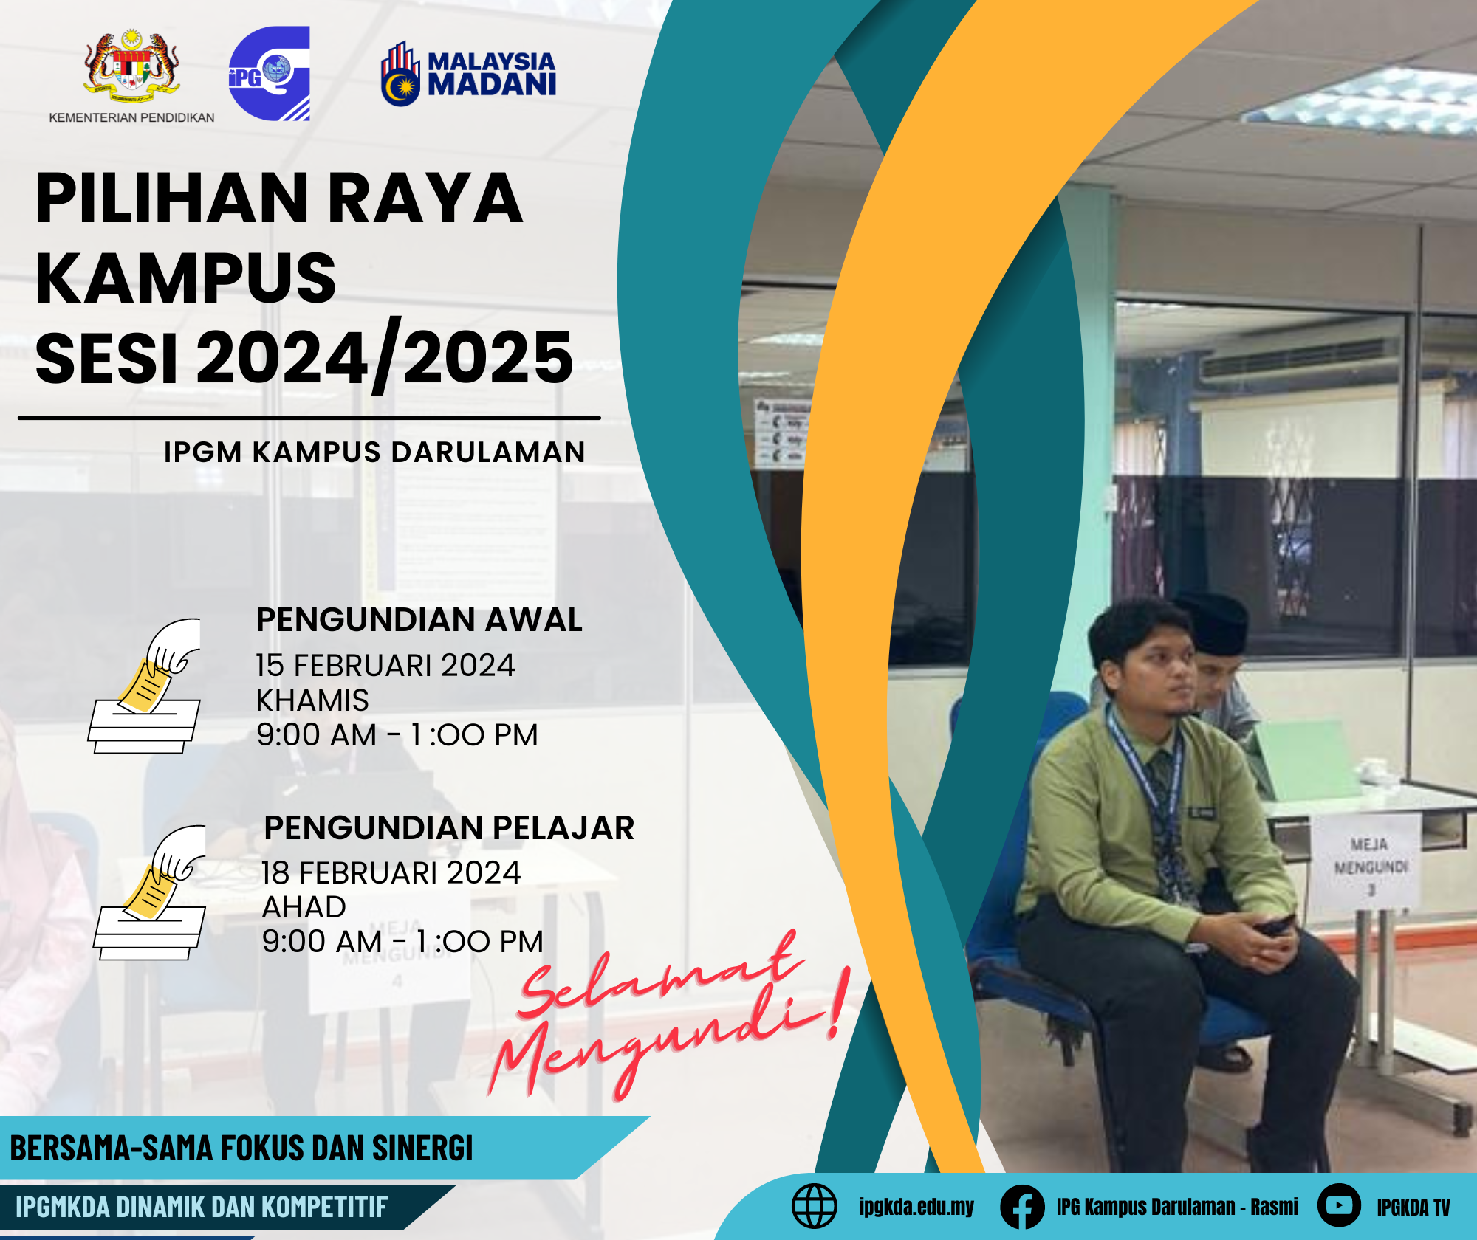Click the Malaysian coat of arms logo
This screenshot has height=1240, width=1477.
pos(131,67)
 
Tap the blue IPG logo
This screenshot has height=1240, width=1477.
pos(269,73)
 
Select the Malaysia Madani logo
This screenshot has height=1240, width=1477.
pos(468,74)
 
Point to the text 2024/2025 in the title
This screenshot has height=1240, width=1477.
pos(385,356)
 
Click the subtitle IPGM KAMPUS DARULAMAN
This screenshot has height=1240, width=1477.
pos(374,452)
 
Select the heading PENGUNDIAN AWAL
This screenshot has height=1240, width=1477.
pos(419,619)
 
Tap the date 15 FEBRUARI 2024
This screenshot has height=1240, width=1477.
pos(385,665)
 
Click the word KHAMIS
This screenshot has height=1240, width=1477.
pos(312,700)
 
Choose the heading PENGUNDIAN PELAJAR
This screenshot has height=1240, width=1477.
pos(449,827)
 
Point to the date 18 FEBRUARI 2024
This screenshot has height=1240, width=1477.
pos(391,872)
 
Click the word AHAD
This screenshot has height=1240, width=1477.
pos(304,906)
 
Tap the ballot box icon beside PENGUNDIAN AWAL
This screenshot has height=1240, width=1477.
pos(145,686)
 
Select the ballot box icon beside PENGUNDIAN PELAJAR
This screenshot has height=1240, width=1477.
pos(150,892)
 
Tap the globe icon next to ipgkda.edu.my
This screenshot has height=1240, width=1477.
pos(814,1206)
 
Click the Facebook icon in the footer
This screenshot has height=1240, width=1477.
pos(1022,1207)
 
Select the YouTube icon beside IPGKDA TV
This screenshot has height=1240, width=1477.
pos(1339,1205)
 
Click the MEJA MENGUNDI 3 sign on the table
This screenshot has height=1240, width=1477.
pos(1368,864)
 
